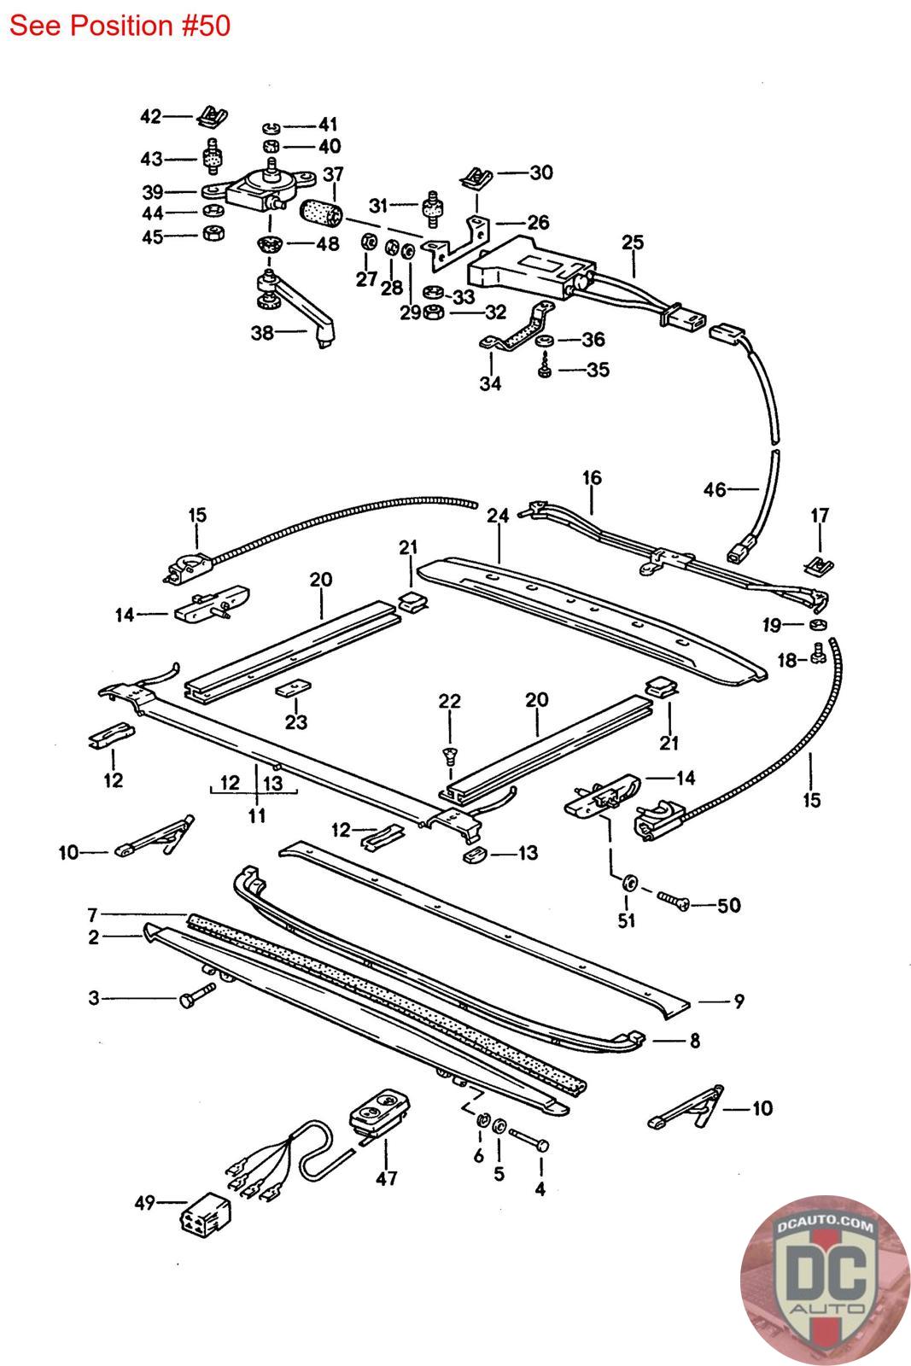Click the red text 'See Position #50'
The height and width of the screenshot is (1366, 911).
[120, 26]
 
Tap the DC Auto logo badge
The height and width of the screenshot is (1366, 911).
[826, 1280]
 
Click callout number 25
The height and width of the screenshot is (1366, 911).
[633, 242]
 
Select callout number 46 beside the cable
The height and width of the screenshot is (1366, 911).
[715, 489]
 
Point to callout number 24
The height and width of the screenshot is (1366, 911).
[498, 516]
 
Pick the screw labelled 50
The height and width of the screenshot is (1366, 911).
[673, 901]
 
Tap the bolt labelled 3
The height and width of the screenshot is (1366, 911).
[197, 995]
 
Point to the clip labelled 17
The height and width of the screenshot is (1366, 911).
[819, 566]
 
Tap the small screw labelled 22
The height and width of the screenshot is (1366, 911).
[450, 756]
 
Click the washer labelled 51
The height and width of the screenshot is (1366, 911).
[628, 883]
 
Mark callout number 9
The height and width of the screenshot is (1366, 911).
[739, 1001]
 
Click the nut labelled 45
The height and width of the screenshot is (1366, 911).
[213, 233]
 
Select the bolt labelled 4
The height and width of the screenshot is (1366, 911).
[528, 1139]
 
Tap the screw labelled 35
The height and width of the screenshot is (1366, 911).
[545, 369]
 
